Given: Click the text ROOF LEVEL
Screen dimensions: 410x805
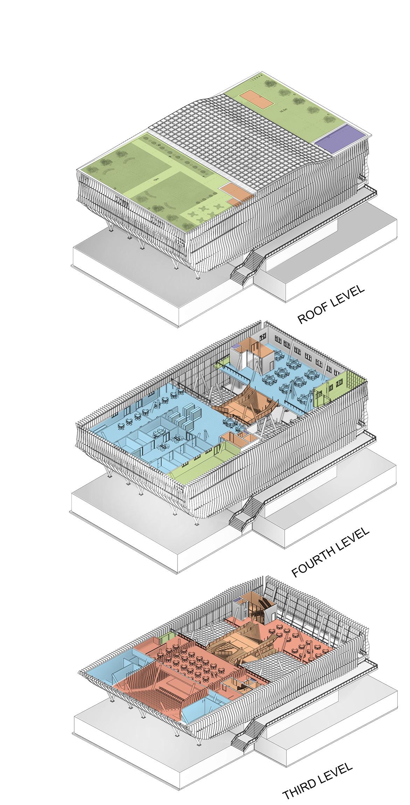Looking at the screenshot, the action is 331,305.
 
